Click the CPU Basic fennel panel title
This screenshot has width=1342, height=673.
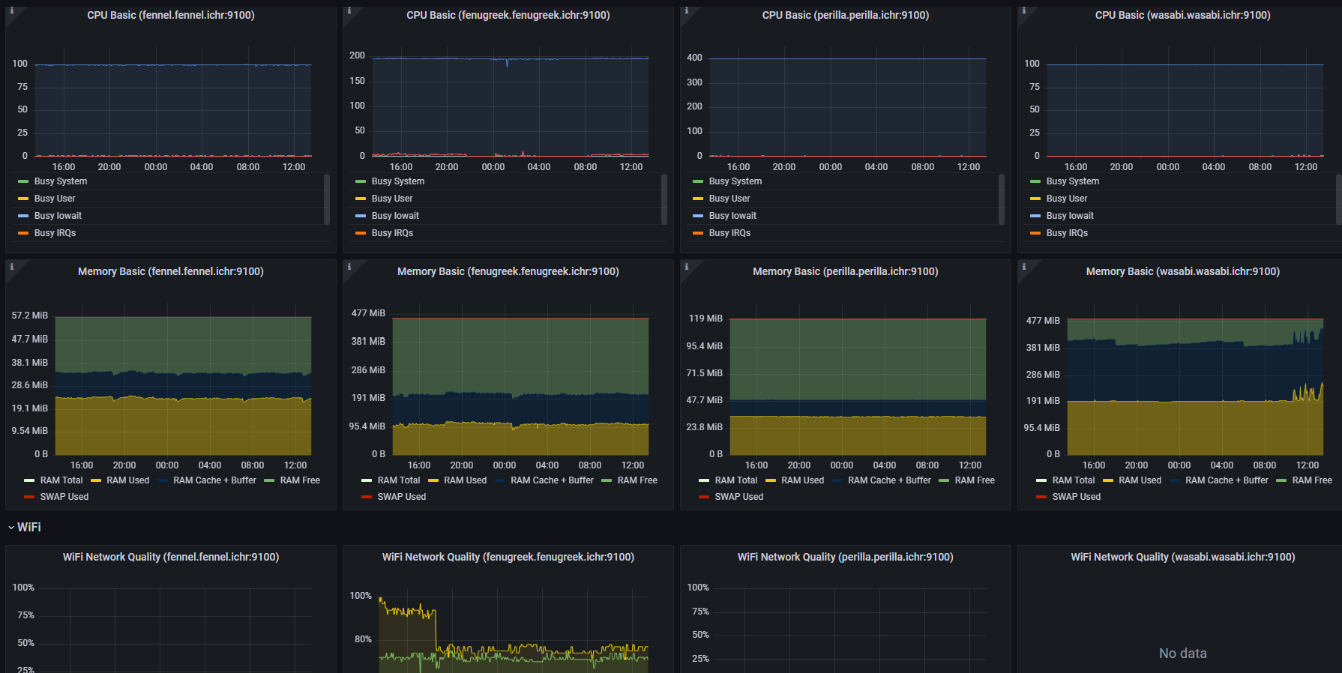pos(171,15)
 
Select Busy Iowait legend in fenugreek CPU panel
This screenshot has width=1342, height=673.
pos(395,216)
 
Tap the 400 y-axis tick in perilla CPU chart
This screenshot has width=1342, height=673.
pos(694,58)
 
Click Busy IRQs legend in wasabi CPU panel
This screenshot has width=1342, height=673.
pos(1067,233)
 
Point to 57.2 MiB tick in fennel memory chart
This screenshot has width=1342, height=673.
pos(30,316)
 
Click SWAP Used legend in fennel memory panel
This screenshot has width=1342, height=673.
pos(64,497)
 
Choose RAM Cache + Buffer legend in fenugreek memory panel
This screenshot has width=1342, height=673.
pos(551,480)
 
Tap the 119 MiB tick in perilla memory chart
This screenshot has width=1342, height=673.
pos(705,319)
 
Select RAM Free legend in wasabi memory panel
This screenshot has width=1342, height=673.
pos(1312,480)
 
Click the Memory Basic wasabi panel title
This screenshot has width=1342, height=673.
pos(1182,271)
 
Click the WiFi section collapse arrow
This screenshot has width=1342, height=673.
pos(11,528)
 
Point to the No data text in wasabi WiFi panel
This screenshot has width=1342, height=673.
pos(1182,654)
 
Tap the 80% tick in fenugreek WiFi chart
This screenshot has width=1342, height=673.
pos(363,639)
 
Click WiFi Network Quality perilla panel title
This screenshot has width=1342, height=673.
pos(845,557)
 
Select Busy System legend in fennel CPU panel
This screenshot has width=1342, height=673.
pos(61,181)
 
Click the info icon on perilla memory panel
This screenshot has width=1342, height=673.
pos(687,266)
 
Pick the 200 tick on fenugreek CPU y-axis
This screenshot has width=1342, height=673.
pos(357,55)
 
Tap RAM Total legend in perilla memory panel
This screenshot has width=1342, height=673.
pos(735,480)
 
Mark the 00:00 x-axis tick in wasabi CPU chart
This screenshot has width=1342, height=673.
pos(1167,167)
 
